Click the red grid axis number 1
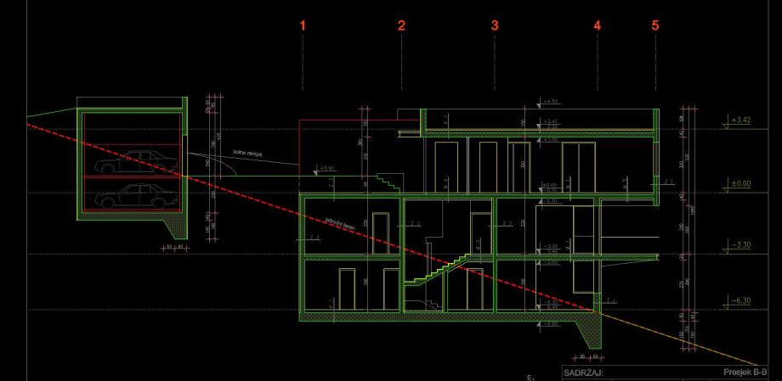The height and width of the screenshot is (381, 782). point(302,26)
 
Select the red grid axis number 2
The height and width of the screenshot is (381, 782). point(401,26)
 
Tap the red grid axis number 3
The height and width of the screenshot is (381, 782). point(495,26)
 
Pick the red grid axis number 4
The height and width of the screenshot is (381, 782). point(597,26)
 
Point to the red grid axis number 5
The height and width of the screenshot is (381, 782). point(654,26)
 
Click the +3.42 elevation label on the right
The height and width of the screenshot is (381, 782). point(740,120)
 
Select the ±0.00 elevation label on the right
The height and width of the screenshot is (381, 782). point(740,183)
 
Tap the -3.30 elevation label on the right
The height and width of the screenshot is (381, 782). point(740,244)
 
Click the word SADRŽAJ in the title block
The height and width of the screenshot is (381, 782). point(583,372)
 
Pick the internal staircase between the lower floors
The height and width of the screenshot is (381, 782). point(433,272)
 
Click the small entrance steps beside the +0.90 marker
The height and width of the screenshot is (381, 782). point(389,181)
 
